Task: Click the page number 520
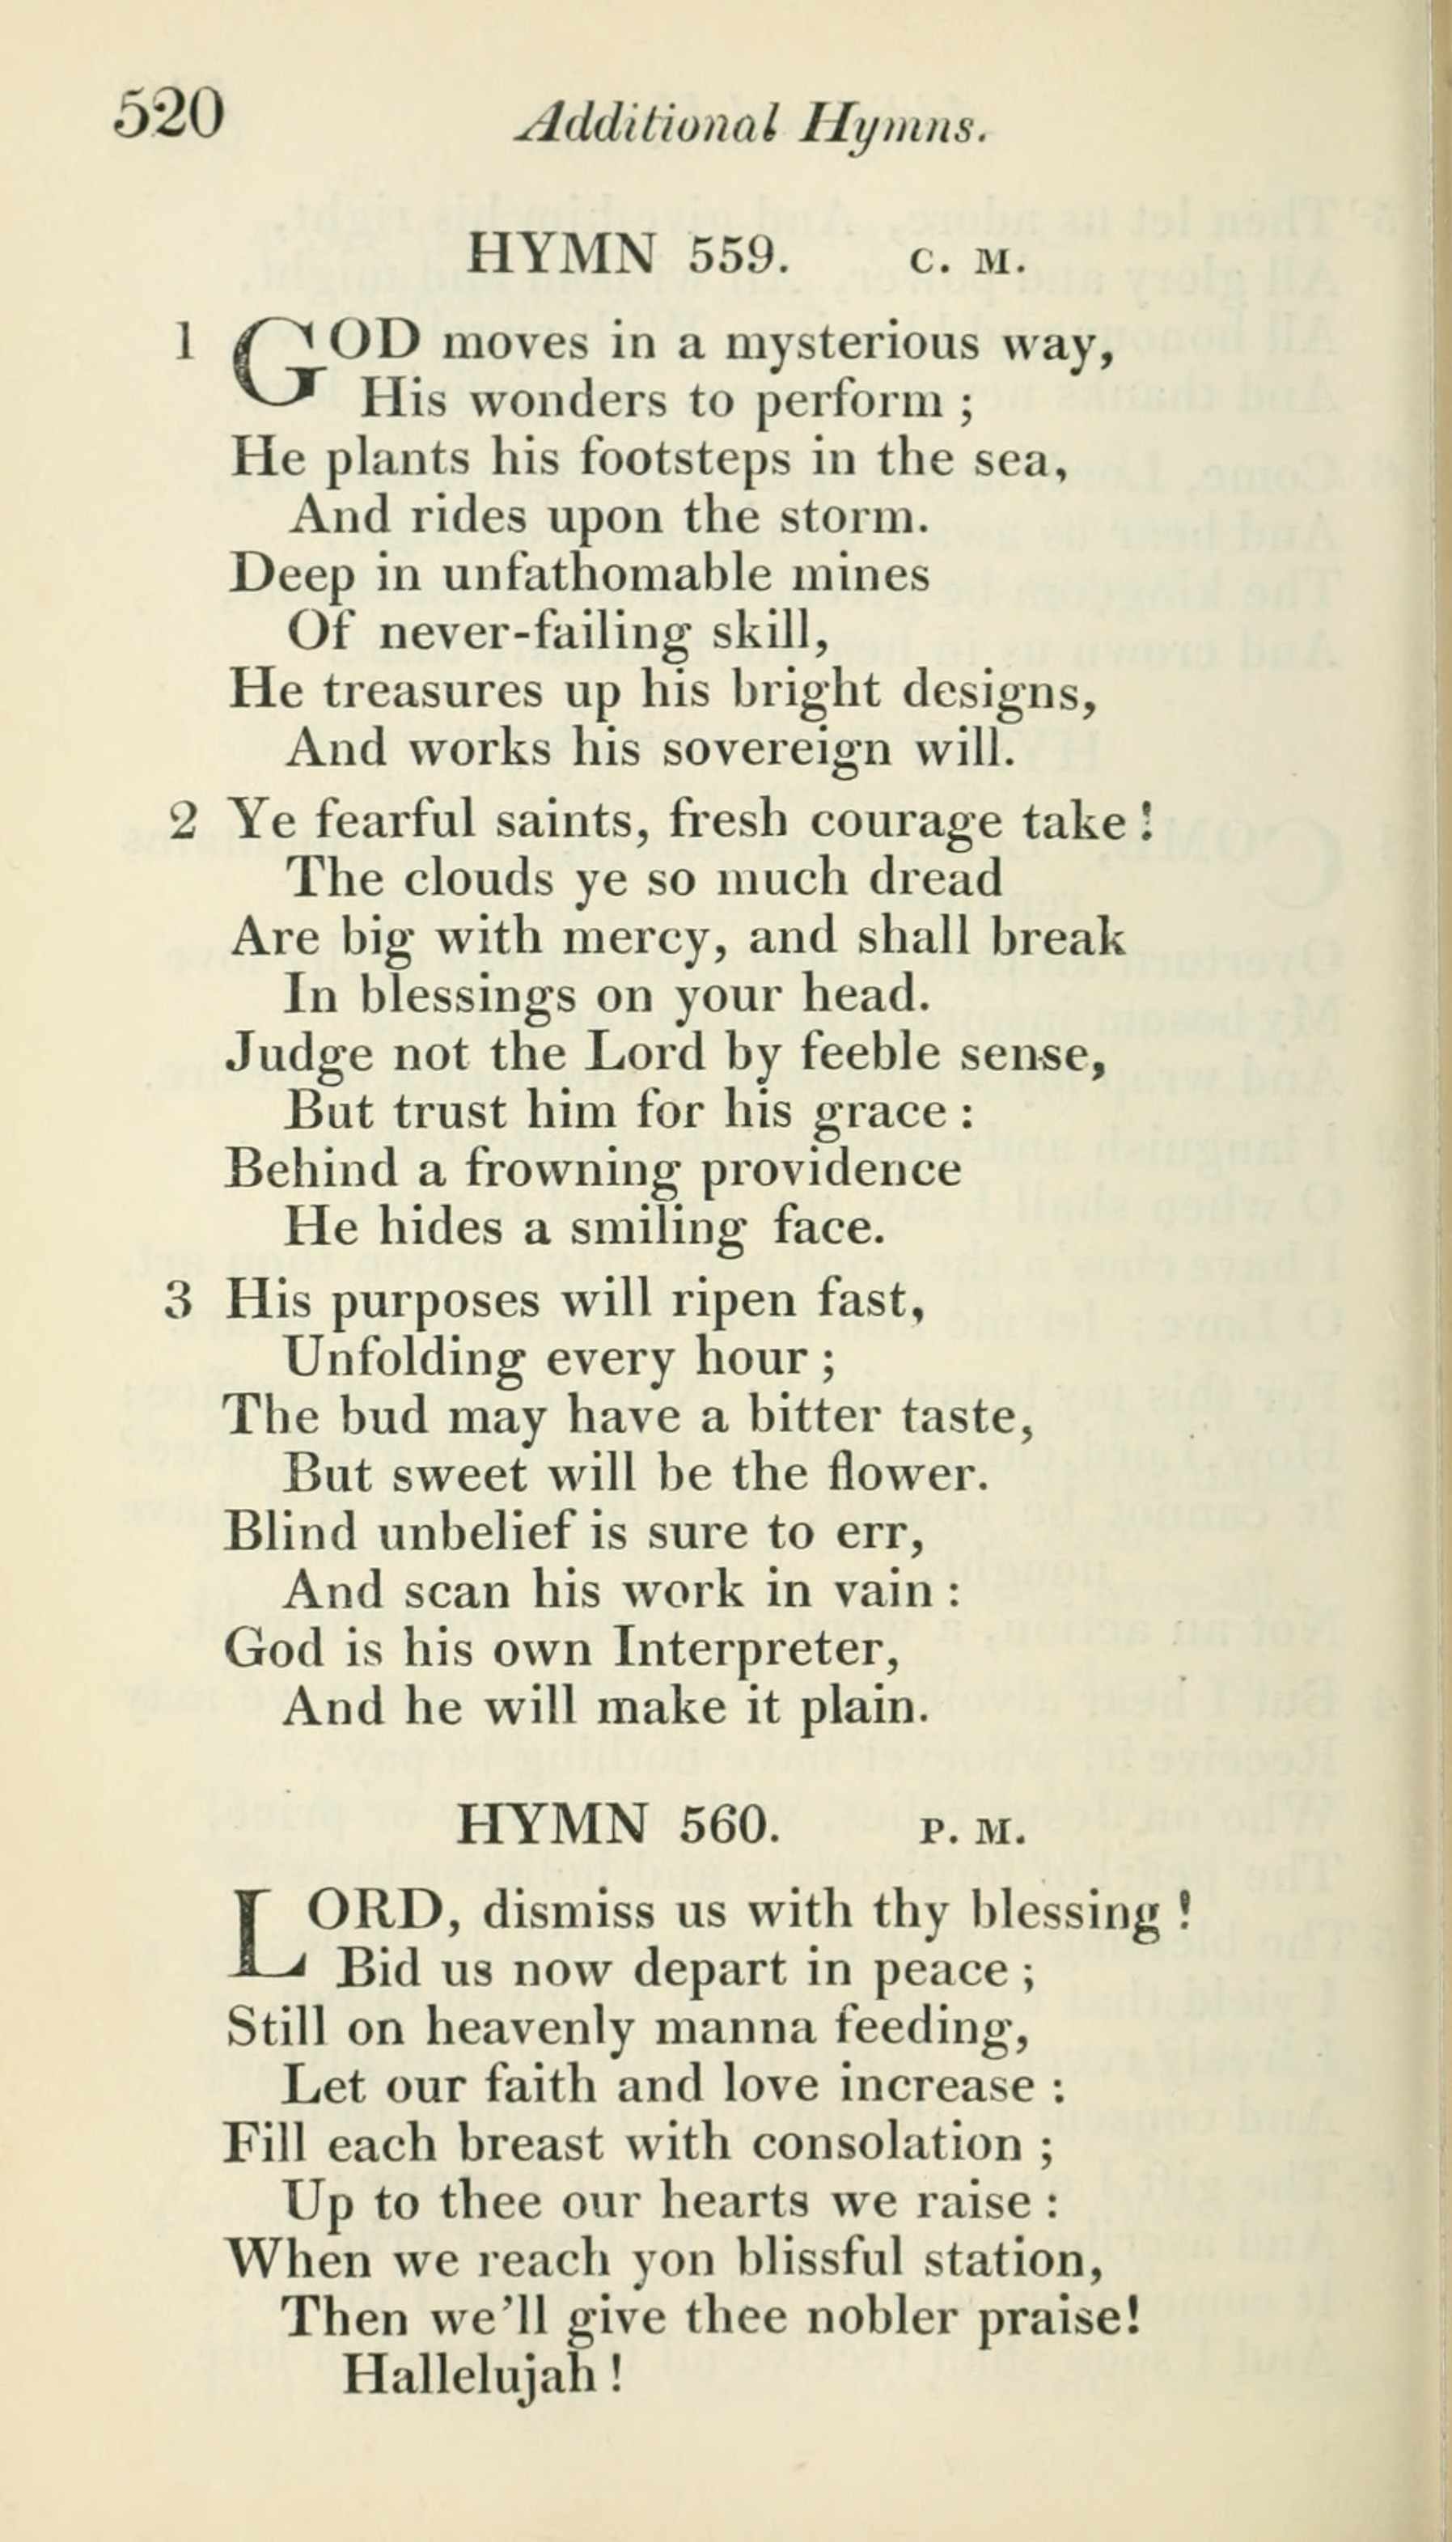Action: pyautogui.click(x=167, y=115)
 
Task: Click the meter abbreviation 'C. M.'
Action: pyautogui.click(x=967, y=261)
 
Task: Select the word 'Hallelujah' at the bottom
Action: pyautogui.click(x=471, y=2375)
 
